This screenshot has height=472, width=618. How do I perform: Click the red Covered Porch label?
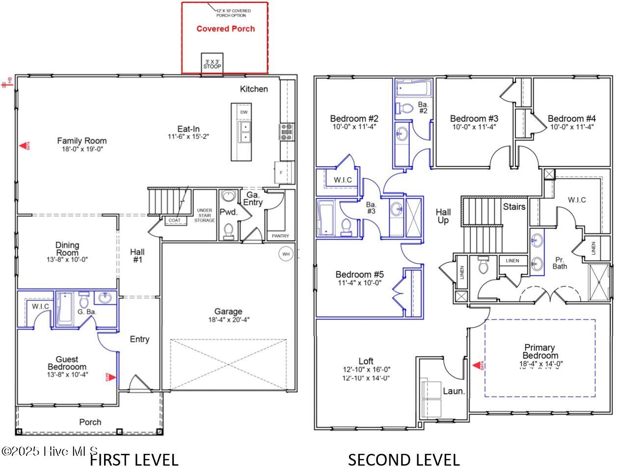[225, 29]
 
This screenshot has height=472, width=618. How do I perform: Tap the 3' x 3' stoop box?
[213, 64]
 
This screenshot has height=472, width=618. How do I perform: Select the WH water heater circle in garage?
[285, 254]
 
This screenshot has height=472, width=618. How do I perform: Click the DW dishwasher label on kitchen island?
[244, 112]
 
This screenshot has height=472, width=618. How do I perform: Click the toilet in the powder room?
[228, 229]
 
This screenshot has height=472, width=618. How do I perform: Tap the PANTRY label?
[280, 236]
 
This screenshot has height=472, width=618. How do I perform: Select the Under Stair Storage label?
[204, 215]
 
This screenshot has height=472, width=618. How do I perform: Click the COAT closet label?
[175, 220]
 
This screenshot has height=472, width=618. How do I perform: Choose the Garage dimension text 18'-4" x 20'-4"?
[228, 320]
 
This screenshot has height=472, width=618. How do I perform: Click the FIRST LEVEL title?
[134, 460]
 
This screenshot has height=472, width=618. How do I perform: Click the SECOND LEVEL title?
[403, 460]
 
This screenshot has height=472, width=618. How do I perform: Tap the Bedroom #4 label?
[571, 118]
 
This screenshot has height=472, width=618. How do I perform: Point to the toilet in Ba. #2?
[405, 108]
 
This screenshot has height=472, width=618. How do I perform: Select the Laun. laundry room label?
[454, 391]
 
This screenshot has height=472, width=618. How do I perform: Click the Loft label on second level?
[366, 361]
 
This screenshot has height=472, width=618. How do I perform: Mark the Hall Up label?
[443, 216]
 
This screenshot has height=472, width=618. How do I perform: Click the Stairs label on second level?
[514, 207]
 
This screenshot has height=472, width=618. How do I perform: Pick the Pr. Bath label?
[560, 262]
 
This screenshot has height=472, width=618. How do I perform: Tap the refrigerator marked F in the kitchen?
[281, 173]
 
